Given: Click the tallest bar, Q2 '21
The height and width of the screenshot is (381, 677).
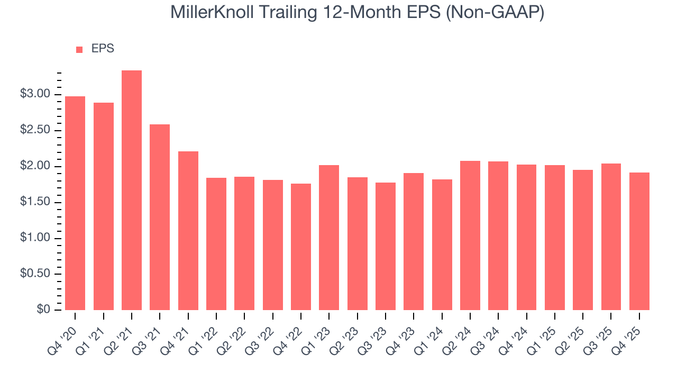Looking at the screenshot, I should coord(132,190).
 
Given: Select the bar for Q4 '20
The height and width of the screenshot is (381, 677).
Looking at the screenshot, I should coord(75,203).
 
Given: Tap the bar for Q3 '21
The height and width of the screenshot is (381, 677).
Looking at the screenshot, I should coord(160,217).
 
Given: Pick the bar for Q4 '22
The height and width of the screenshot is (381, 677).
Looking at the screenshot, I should coord(301,247).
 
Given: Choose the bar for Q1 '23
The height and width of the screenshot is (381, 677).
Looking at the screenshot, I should coord(329,238).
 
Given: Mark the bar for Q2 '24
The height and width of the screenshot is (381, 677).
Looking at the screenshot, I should coord(470,235).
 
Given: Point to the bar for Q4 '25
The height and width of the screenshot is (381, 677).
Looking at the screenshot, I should coord(639,241).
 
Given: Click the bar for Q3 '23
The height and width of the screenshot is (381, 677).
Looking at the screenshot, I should coord(386,246).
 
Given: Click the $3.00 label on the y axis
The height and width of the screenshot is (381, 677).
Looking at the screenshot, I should coord(35,94).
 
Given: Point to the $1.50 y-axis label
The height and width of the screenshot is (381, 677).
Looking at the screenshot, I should coord(35,202).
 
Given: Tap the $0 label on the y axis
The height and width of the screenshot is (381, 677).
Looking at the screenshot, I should coord(43,310).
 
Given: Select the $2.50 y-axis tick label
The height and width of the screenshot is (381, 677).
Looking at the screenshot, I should coord(35,130).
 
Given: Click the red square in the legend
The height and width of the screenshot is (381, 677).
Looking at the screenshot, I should coord(79,49).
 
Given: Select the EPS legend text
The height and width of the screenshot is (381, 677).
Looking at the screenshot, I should coord(103,49).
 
